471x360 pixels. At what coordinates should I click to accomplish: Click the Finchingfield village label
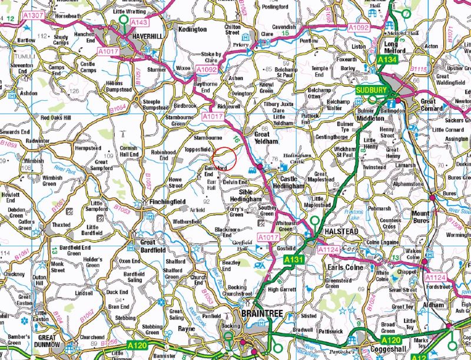[x=152, y=202]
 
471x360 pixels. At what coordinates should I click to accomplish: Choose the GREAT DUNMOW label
[x=51, y=341]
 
